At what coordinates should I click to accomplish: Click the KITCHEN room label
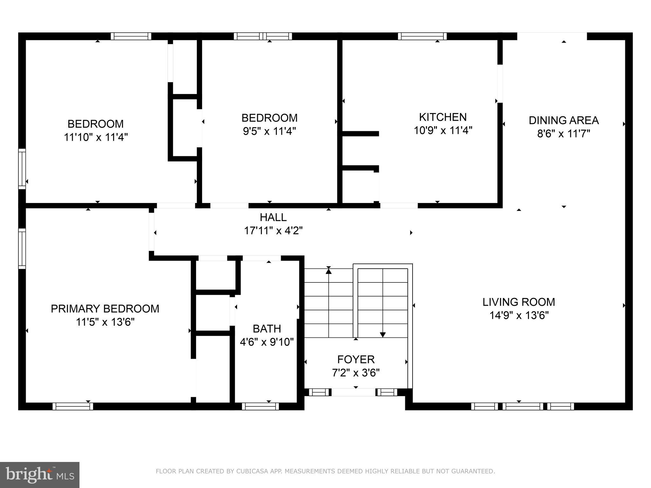pos(442,117)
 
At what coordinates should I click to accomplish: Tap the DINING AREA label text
pos(564,120)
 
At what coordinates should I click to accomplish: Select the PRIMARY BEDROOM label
pos(105,309)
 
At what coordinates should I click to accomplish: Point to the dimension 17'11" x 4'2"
pos(273,231)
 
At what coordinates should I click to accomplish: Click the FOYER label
pos(356,360)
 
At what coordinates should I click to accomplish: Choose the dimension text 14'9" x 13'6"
pos(519,315)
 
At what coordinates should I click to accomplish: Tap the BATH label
pos(267,329)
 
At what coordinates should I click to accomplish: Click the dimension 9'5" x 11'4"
pos(269,131)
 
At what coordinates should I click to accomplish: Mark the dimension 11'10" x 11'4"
pos(96,137)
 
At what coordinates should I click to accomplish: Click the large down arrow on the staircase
pos(383,334)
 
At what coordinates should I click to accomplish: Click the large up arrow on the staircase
pos(329,271)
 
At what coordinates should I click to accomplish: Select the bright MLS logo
pos(40,475)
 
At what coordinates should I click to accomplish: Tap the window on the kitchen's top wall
pos(422,36)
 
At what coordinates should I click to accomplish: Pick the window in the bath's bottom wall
pos(260,406)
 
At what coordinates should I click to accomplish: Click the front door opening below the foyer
pos(353,392)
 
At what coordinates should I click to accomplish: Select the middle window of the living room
pos(523,406)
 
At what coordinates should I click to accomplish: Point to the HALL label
pos(273,217)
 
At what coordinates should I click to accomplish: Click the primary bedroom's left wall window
pos(22,248)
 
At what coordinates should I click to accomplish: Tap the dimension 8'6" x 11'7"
pos(563,134)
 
